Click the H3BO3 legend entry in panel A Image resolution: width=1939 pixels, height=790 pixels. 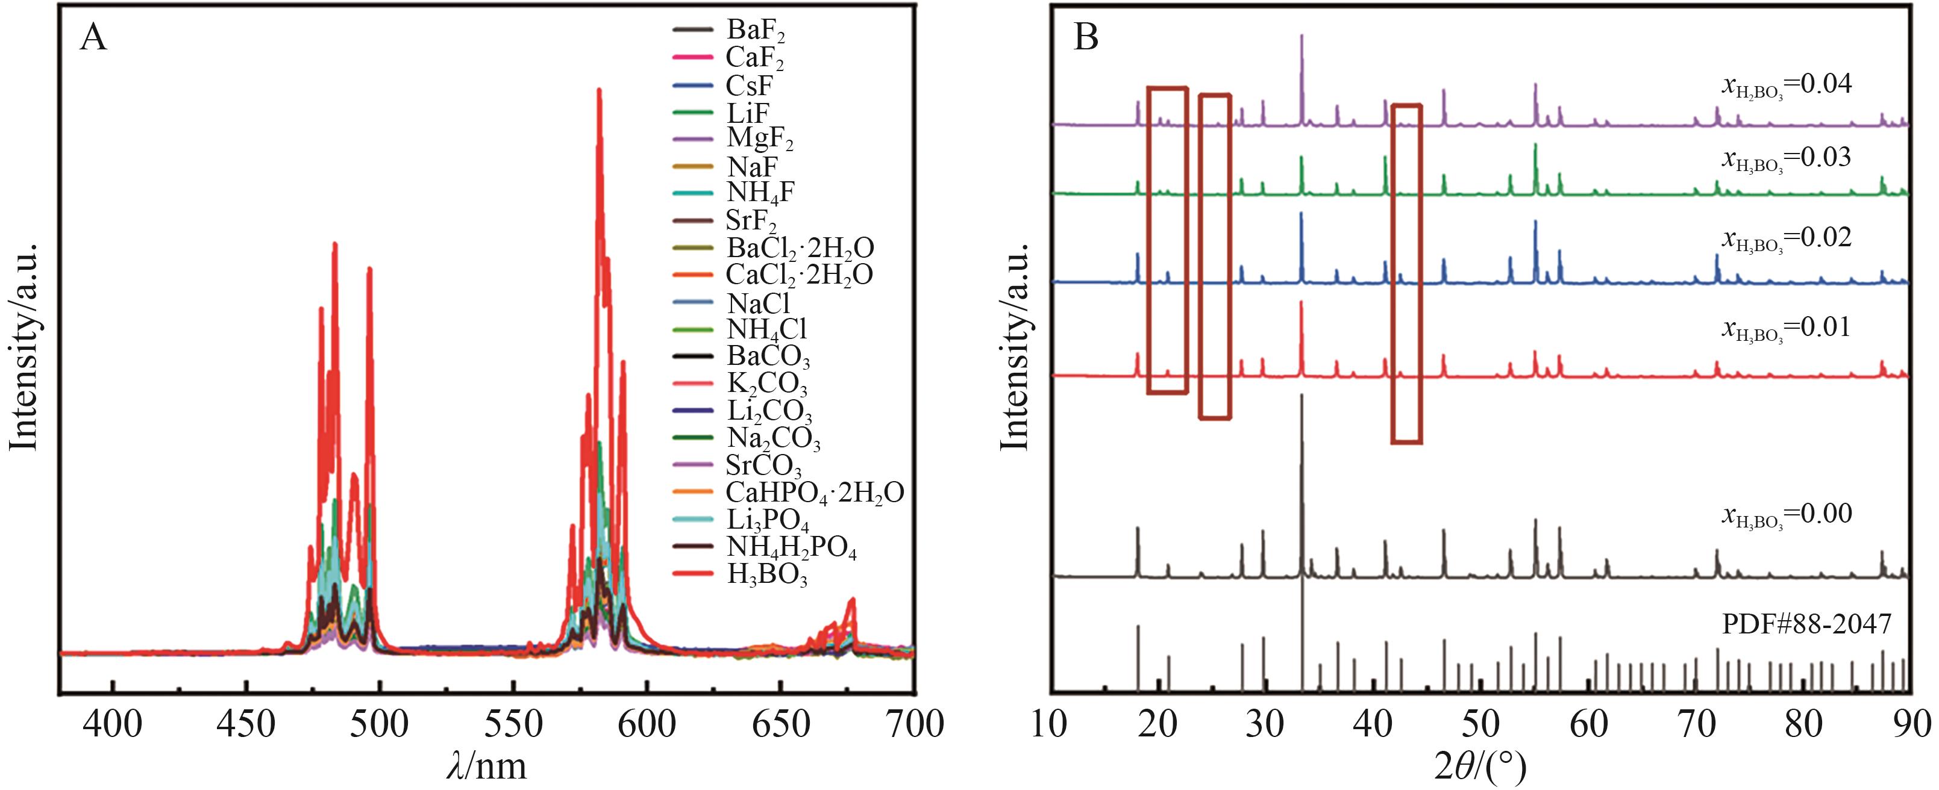(766, 575)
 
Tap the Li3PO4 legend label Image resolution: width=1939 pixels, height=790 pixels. (766, 520)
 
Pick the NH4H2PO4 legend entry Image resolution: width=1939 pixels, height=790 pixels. (791, 548)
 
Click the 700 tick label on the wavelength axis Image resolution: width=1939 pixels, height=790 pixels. (913, 724)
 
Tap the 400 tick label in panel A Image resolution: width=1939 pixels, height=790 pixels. (113, 724)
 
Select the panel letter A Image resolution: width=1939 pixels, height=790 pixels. (93, 37)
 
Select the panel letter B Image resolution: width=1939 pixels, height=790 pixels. (1085, 37)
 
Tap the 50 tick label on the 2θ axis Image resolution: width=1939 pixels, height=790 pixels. (1480, 724)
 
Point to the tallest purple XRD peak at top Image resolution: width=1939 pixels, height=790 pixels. (1302, 36)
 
